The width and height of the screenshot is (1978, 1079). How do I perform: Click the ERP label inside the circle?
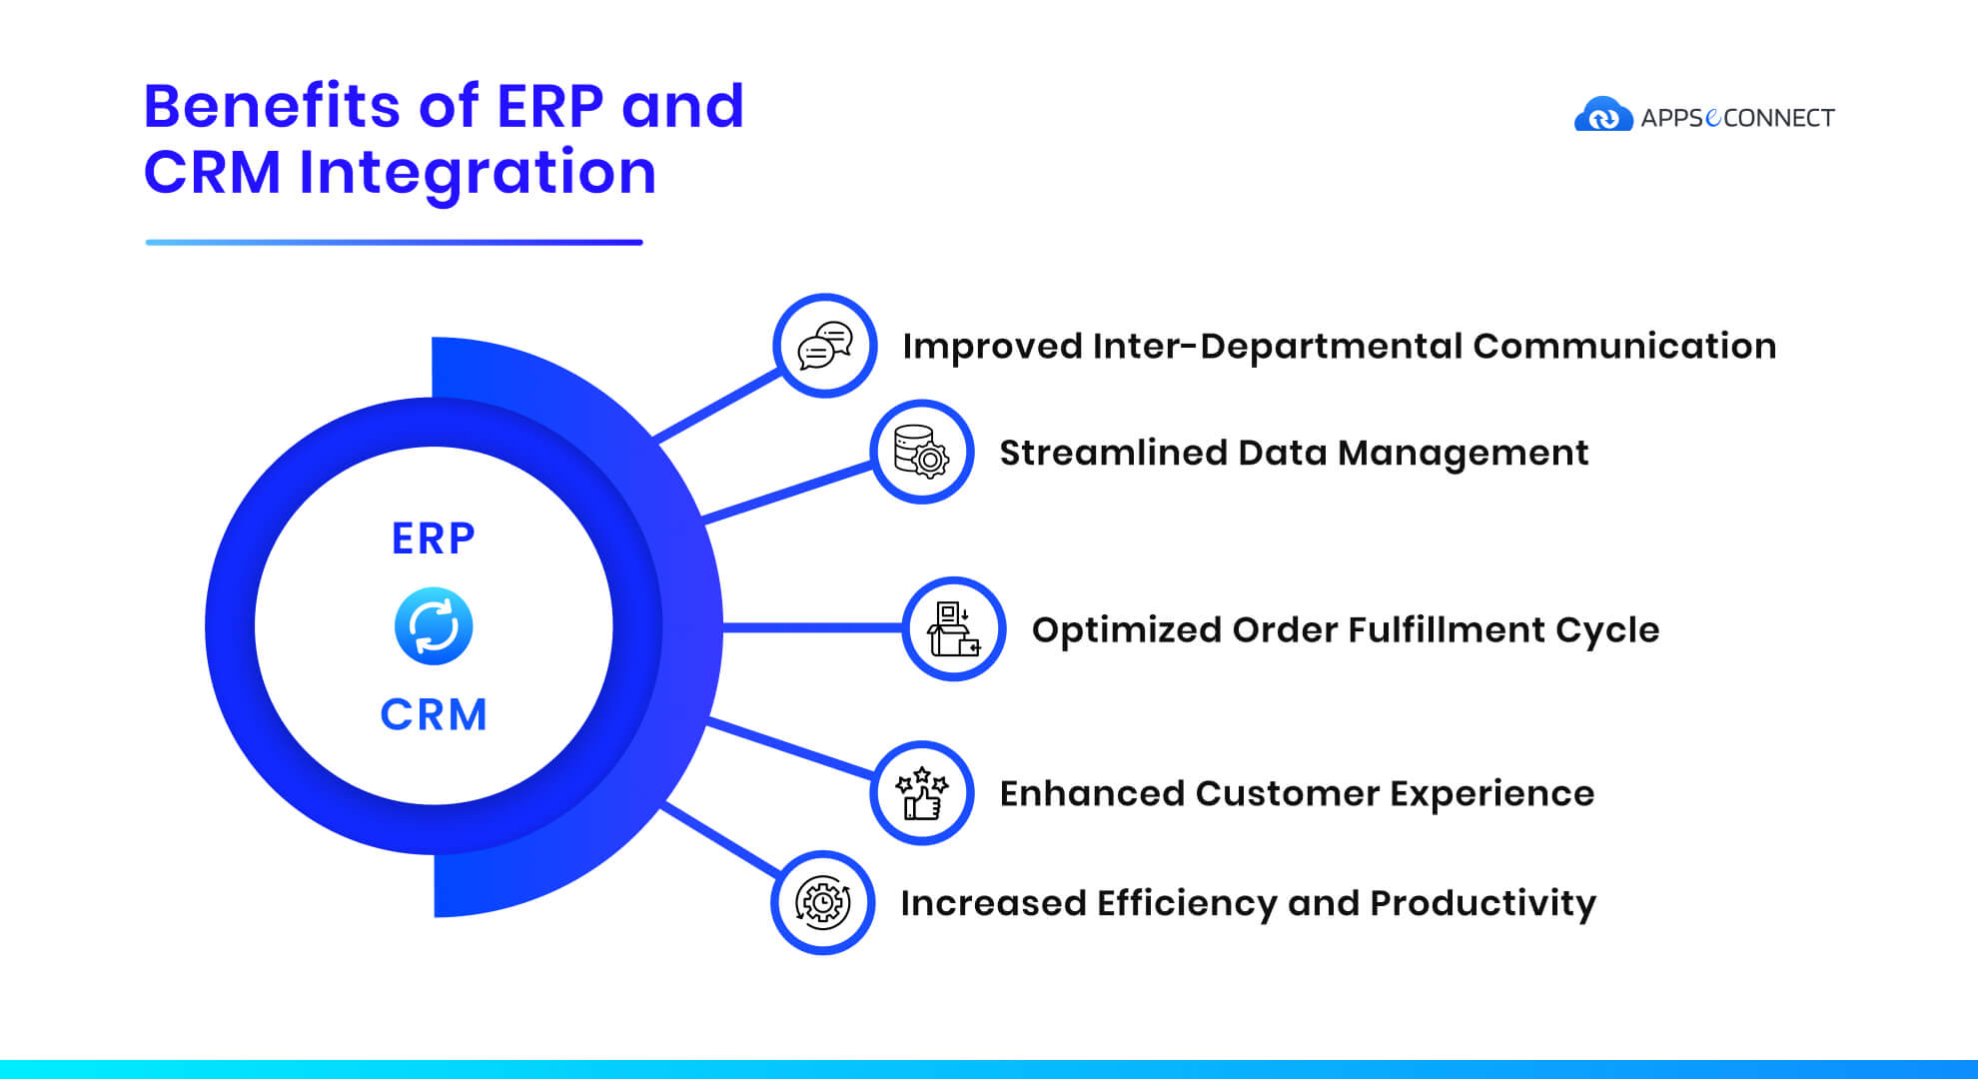coord(434,539)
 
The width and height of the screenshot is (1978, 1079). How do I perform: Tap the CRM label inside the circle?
coord(434,715)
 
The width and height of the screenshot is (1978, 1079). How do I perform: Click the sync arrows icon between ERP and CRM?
coord(434,626)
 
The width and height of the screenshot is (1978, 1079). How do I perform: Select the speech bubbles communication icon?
coord(825,346)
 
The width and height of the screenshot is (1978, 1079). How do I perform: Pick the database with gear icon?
coord(921,452)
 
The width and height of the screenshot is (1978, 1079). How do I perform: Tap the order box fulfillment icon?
coord(954,629)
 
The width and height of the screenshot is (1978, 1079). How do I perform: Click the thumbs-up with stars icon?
coord(921,793)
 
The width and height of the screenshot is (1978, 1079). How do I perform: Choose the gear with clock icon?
coord(823,902)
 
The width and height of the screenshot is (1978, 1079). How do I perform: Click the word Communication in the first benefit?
coord(1624,346)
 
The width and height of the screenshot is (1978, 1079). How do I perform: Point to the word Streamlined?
coord(1113,453)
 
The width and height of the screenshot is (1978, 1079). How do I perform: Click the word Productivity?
coord(1483,904)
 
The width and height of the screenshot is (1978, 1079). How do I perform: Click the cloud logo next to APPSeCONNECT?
coord(1603,114)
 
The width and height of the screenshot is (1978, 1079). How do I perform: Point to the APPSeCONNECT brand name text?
coord(1737,118)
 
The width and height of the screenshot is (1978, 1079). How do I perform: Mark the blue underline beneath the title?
coord(394,242)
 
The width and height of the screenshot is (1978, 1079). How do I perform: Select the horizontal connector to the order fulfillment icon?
coord(811,628)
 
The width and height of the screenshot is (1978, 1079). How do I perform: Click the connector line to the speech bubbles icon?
coord(717,406)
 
